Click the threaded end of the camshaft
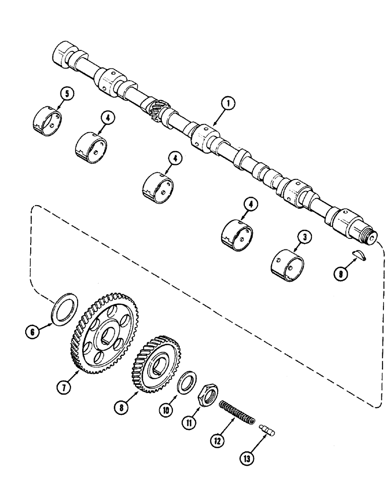369,235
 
